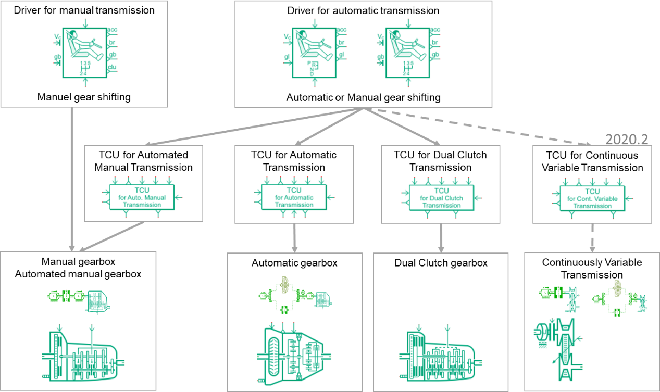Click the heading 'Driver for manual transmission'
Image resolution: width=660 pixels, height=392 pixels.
[84, 10]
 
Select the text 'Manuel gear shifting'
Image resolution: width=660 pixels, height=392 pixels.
[84, 97]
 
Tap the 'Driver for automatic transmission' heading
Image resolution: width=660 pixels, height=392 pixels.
[363, 10]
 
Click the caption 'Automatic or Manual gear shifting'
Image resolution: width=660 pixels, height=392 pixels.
[363, 97]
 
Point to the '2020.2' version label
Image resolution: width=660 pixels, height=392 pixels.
[627, 139]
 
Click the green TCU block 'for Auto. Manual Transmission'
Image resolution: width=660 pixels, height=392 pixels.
[142, 197]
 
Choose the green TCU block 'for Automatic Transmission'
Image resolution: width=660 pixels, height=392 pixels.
[294, 197]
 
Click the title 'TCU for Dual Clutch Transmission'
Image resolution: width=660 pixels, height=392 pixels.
[440, 161]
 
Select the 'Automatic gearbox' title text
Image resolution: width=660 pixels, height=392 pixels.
[294, 263]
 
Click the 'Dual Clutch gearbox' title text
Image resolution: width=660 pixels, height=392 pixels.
[441, 263]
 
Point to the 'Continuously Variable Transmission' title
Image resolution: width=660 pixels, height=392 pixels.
[592, 268]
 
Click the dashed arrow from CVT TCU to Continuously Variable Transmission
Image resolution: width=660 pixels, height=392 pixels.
[592, 237]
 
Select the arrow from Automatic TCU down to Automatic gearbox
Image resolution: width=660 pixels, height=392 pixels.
[295, 237]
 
